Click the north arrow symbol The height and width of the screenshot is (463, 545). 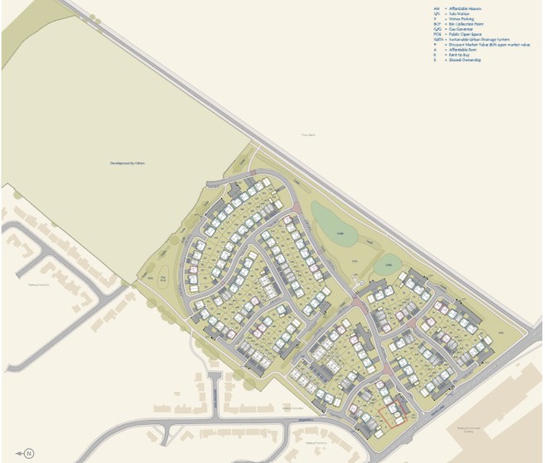[x=27, y=452]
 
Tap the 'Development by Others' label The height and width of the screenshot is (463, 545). [x=128, y=163]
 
